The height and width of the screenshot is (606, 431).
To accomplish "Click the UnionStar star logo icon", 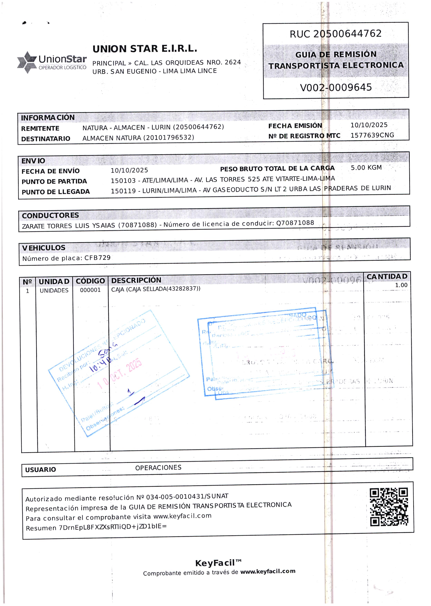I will tap(27, 62).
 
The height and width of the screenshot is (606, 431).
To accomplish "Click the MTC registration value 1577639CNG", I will tap(372, 135).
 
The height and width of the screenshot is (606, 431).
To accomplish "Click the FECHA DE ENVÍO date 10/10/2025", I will tap(129, 170).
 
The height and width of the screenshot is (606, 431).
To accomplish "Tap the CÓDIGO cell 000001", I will tap(90, 290).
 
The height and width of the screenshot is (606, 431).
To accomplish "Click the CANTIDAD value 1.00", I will tap(401, 285).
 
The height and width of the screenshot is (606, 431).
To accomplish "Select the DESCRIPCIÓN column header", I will tap(136, 280).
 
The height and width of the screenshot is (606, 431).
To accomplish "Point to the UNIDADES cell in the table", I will tap(54, 291).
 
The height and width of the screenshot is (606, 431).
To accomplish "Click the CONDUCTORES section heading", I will tap(50, 215).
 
